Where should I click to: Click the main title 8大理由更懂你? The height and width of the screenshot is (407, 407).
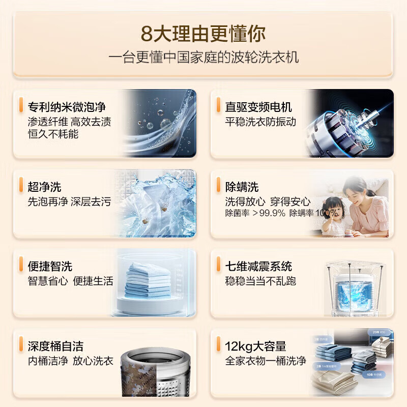pos(203,34)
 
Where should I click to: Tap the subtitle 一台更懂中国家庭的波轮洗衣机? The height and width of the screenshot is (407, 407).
pos(203,57)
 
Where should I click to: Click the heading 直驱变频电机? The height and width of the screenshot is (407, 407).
pos(258,107)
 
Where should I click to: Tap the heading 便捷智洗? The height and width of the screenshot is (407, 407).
pos(50,266)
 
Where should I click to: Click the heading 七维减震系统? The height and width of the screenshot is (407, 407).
pos(258,266)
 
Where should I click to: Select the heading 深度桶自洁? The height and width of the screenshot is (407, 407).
pos(55,346)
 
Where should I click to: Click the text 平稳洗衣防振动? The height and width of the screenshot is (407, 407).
pos(260,122)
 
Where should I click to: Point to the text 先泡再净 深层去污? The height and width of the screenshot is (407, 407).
pos(69,201)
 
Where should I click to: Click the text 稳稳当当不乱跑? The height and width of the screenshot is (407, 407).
pos(260,281)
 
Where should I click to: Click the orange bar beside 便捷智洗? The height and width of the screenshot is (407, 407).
pos(20,265)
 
